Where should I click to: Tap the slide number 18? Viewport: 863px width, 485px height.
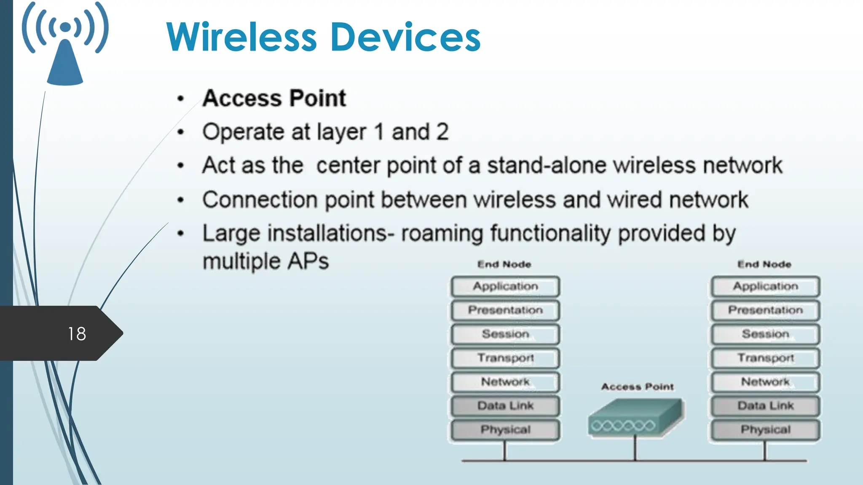(x=77, y=334)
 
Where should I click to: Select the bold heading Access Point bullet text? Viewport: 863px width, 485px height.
(x=274, y=99)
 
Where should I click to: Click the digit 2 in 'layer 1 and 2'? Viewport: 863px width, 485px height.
(x=442, y=132)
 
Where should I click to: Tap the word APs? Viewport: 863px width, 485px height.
(x=308, y=261)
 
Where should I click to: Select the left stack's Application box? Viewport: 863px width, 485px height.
(x=505, y=287)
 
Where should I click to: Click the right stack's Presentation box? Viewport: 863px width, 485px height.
(x=765, y=310)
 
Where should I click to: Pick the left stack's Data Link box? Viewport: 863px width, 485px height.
(x=505, y=406)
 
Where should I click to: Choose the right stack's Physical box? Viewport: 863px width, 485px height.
(x=765, y=430)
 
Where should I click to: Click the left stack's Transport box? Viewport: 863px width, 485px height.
(x=505, y=358)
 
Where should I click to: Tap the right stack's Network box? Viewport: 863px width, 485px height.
(x=765, y=382)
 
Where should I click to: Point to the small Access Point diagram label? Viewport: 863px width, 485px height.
(x=637, y=386)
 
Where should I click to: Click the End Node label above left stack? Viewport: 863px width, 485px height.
(x=504, y=264)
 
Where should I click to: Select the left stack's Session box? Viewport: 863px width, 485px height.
(x=505, y=334)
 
